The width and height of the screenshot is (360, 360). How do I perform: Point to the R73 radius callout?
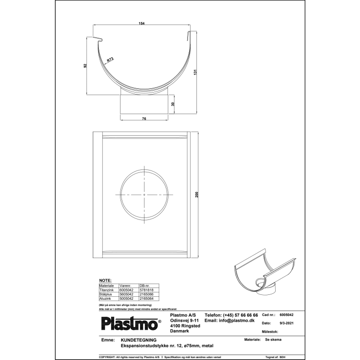click(111, 60)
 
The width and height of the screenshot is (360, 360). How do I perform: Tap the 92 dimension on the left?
click(86, 66)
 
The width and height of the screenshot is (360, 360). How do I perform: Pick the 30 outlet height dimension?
click(173, 104)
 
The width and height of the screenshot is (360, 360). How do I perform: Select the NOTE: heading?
click(106, 280)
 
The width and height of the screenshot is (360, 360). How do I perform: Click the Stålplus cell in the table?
click(106, 294)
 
